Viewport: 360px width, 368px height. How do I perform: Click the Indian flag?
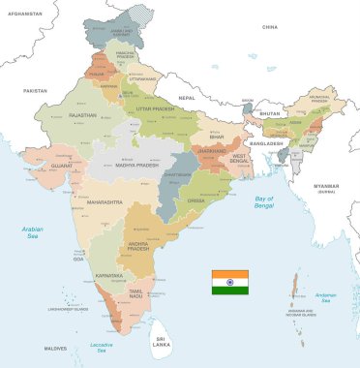pos(230,282)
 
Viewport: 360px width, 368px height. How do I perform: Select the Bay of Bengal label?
pos(265,202)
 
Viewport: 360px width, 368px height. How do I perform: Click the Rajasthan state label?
pos(83,115)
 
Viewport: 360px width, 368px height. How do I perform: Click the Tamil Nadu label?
pos(136,294)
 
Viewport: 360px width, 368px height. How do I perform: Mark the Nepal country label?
pos(187,98)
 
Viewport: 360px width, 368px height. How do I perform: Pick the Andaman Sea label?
pos(326,297)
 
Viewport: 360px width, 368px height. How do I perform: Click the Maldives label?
pos(55,348)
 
